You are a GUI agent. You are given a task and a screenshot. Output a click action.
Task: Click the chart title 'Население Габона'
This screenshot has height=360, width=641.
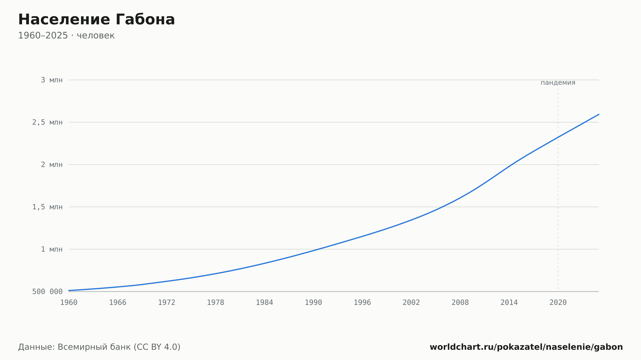(96, 20)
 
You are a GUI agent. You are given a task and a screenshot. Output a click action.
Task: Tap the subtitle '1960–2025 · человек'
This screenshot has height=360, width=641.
(66, 36)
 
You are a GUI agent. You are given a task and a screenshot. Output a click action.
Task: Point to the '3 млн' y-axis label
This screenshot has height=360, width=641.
(52, 80)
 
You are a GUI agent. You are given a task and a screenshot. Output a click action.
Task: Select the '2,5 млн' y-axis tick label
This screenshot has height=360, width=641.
(47, 122)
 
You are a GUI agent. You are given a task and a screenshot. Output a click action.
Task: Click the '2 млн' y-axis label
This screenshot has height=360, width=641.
(52, 165)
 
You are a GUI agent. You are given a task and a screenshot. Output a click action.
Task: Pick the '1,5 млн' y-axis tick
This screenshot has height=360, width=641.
(47, 207)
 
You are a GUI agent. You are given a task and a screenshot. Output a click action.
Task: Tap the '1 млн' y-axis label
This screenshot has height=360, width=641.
(52, 249)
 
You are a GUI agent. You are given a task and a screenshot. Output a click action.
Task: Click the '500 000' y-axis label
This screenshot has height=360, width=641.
(47, 291)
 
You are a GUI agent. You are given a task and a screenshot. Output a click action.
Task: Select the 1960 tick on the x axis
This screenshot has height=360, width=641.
(69, 303)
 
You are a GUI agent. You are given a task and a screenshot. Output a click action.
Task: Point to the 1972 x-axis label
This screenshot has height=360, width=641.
(167, 303)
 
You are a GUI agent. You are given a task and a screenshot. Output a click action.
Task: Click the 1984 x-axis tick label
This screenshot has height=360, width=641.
(264, 303)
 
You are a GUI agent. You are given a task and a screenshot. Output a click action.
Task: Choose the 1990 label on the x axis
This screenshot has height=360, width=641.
(313, 303)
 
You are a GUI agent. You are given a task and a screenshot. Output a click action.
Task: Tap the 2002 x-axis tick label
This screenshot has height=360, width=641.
(411, 303)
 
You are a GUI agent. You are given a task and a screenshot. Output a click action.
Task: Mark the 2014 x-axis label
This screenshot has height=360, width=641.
(509, 303)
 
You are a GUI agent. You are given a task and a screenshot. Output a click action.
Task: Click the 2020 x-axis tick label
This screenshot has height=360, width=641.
(558, 303)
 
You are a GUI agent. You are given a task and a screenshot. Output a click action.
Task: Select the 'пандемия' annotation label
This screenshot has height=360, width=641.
(558, 83)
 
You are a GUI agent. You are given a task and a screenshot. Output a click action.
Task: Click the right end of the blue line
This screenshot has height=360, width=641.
(598, 114)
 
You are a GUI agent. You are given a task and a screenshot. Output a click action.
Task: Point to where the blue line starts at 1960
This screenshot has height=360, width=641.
(69, 290)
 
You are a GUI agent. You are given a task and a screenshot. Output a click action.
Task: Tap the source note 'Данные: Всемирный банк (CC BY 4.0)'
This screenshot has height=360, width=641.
(99, 347)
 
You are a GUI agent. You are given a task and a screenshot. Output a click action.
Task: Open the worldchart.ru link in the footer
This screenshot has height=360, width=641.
(526, 347)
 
